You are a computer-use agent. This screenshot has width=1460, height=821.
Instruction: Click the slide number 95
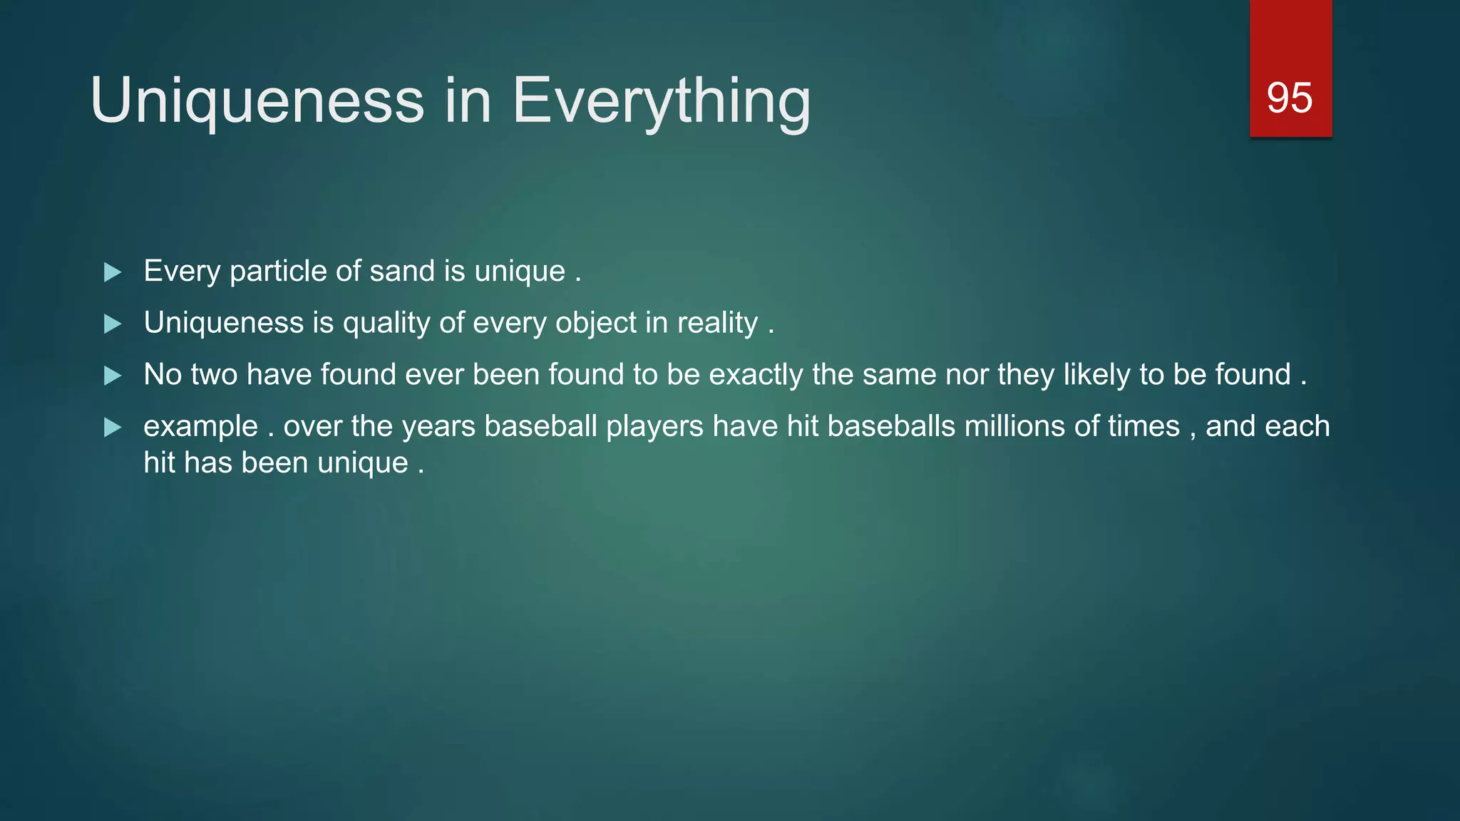pos(1289,98)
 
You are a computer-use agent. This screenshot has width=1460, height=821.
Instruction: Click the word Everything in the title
pos(661,101)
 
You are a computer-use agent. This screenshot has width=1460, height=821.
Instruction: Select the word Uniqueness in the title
pos(257,101)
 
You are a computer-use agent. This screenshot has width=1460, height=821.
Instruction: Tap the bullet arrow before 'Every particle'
pos(113,272)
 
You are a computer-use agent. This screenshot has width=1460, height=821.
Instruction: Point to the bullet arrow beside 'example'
pos(113,428)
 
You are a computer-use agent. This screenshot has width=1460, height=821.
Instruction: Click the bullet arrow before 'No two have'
pos(113,376)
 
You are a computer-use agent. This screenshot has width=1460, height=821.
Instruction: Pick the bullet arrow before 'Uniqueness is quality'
pos(113,324)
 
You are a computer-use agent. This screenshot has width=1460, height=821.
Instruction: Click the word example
pos(200,427)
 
